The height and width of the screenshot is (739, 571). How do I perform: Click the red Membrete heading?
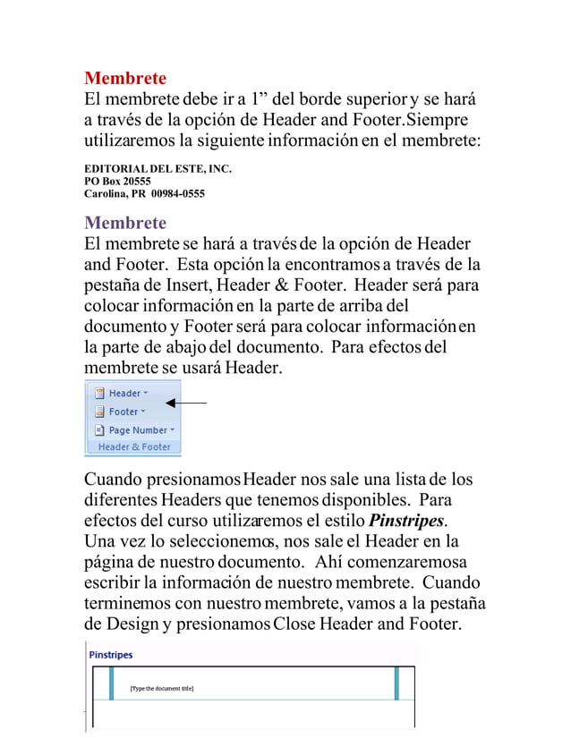(x=124, y=78)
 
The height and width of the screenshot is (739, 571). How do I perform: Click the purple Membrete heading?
(x=124, y=222)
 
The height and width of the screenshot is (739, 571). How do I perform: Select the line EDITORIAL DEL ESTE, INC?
(x=158, y=168)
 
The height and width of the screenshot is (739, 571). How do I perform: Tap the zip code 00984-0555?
(x=177, y=193)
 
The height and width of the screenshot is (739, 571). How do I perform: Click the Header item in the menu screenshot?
(x=124, y=393)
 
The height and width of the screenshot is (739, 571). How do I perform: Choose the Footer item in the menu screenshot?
(x=124, y=412)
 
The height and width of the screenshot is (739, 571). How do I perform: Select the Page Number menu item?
(x=138, y=429)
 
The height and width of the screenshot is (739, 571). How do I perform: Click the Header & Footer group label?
(x=134, y=446)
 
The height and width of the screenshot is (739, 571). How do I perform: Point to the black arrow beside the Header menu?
(x=186, y=403)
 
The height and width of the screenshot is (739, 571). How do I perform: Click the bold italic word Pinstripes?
(x=407, y=521)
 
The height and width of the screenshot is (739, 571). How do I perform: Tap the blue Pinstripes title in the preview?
(x=110, y=655)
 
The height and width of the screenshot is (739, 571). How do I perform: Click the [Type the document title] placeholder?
(x=161, y=688)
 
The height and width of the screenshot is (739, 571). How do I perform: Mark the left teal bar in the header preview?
(x=112, y=684)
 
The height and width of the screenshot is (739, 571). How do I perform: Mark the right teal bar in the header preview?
(x=396, y=684)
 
